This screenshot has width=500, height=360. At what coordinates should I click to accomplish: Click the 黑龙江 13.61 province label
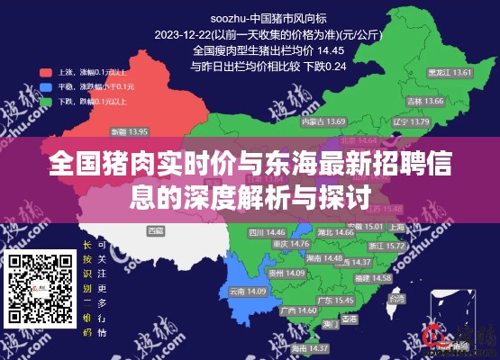coord(449,72)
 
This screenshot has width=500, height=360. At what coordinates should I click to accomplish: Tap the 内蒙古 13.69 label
coord(311,121)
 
